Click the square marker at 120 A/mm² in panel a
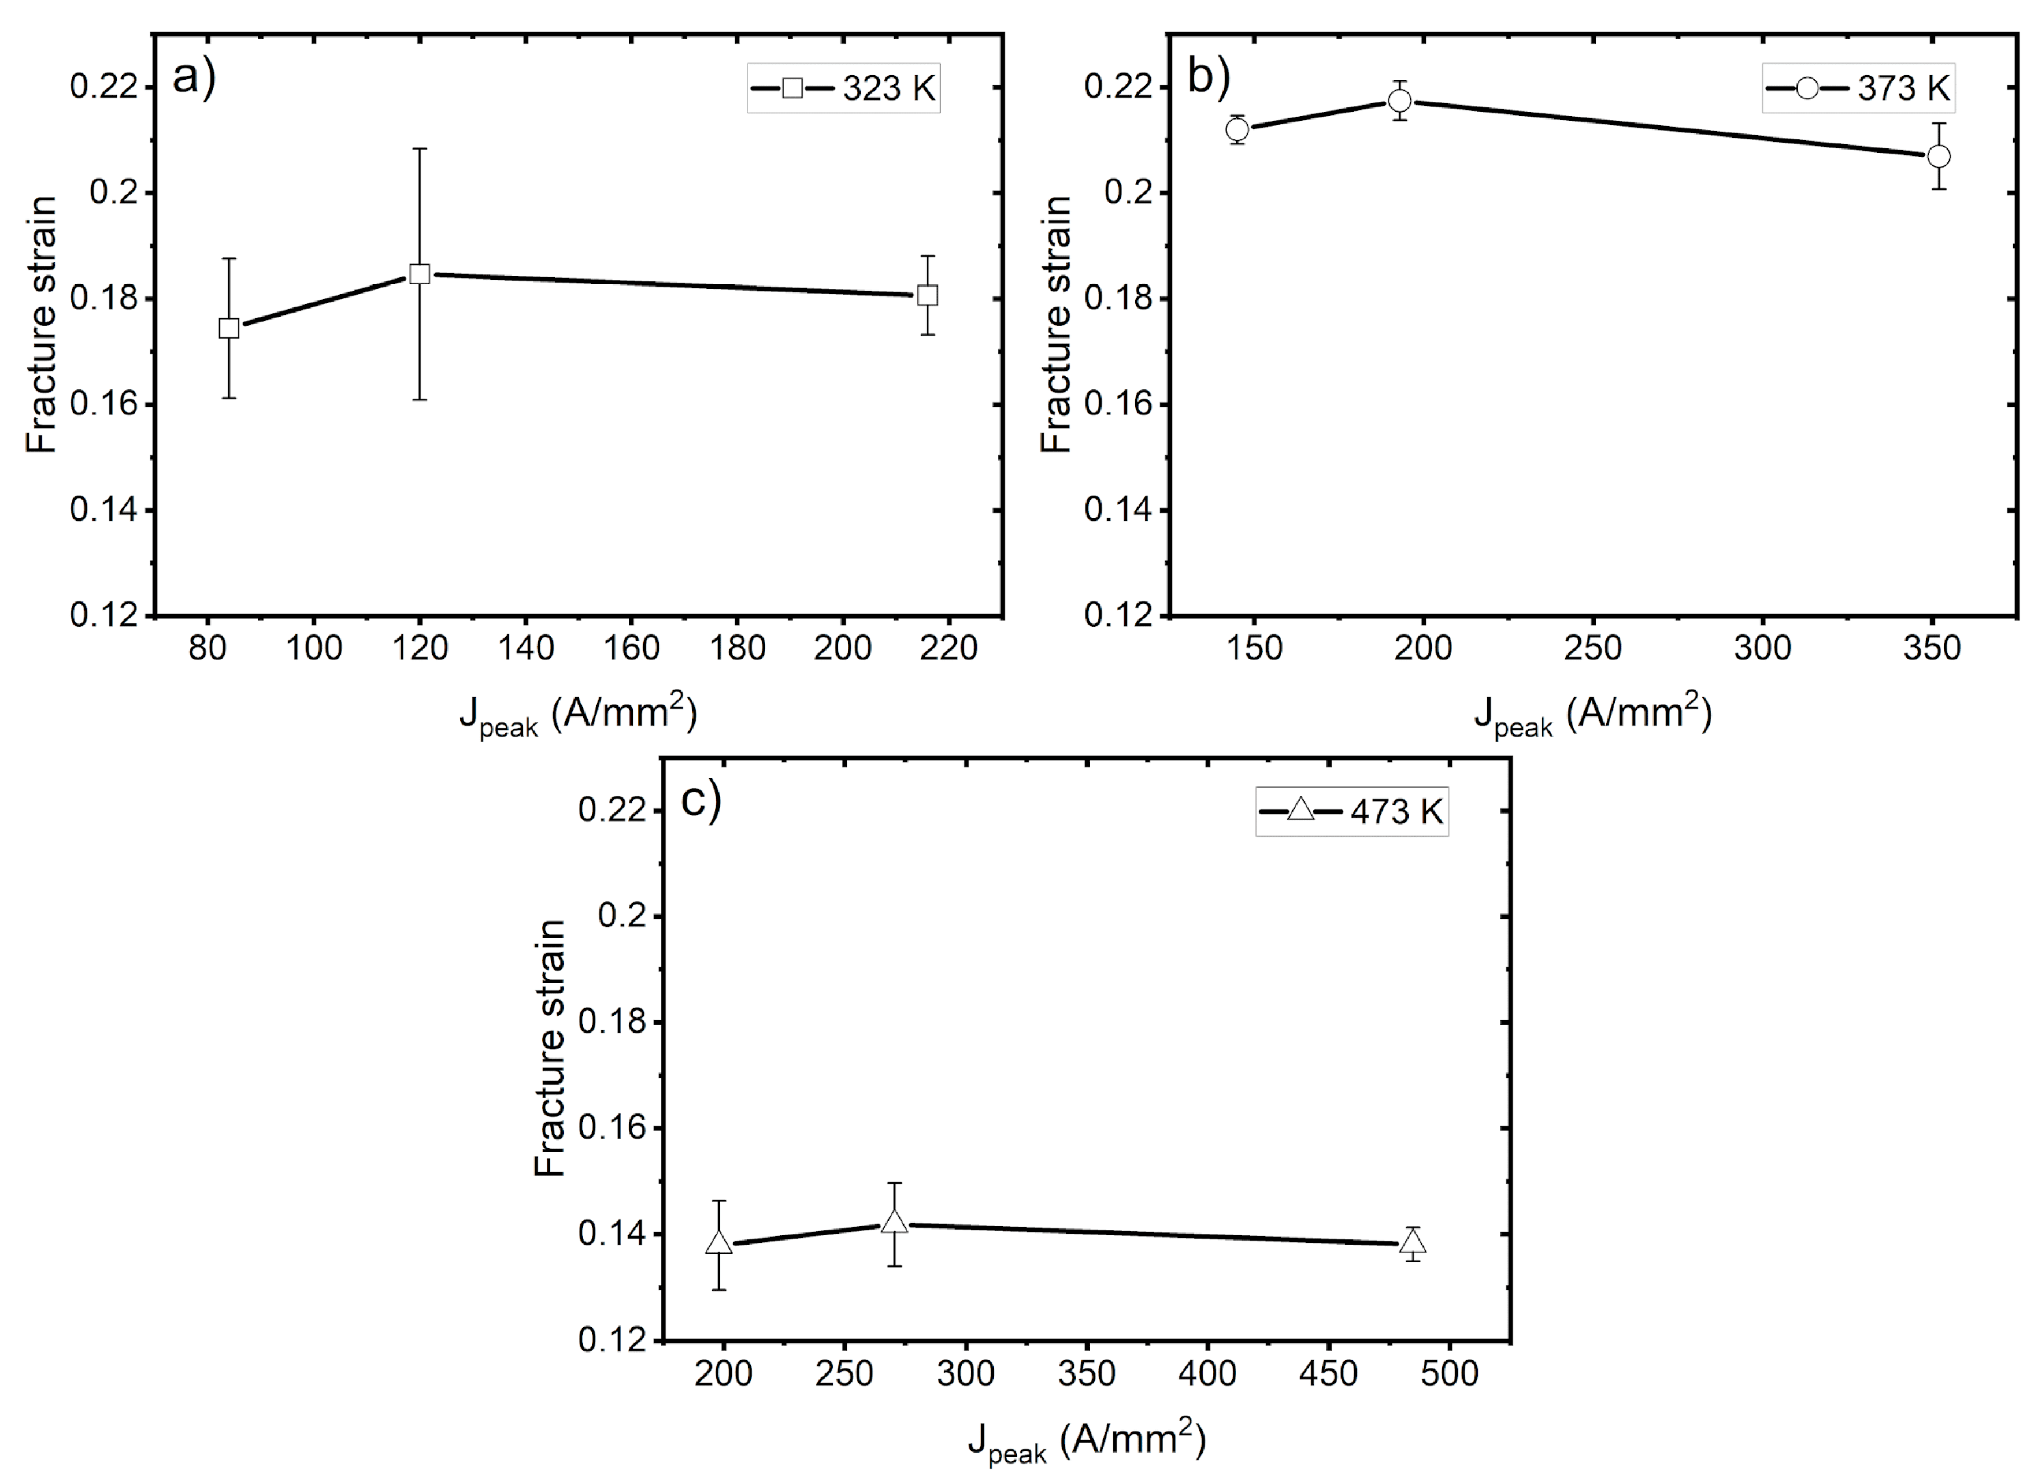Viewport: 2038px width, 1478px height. pyautogui.click(x=420, y=274)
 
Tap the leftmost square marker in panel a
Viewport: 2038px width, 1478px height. pyautogui.click(x=229, y=328)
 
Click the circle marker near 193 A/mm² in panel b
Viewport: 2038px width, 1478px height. pyautogui.click(x=1399, y=101)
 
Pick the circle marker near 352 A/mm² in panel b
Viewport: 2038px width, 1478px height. pyautogui.click(x=1939, y=157)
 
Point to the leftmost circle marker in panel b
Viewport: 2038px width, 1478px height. pyautogui.click(x=1237, y=129)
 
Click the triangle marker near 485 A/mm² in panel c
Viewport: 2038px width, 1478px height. pyautogui.click(x=1414, y=1243)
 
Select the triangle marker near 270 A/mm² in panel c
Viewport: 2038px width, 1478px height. pyautogui.click(x=895, y=1223)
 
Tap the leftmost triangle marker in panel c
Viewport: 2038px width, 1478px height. pyautogui.click(x=719, y=1243)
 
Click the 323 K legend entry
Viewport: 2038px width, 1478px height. pyautogui.click(x=844, y=88)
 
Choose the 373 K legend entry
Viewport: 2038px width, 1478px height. pyautogui.click(x=1858, y=88)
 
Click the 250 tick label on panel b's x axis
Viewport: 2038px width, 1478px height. pyautogui.click(x=1592, y=648)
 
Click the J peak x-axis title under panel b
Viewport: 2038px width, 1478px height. pyautogui.click(x=1592, y=716)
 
